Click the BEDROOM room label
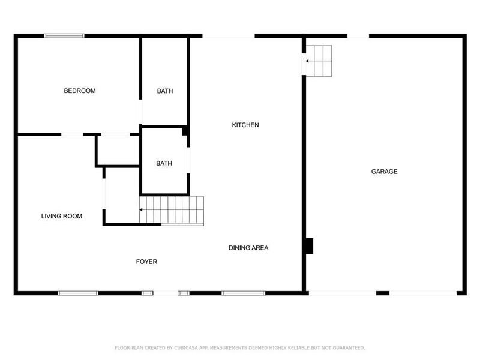(80, 91)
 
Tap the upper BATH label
(165, 91)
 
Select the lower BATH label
(164, 163)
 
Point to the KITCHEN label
(245, 125)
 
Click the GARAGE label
(384, 172)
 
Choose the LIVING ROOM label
(62, 216)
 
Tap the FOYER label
(146, 262)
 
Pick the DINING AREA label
(248, 247)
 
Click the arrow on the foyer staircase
(142, 210)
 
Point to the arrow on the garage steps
(307, 61)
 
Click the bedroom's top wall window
(64, 36)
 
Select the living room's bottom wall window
(78, 293)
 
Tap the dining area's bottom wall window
(243, 293)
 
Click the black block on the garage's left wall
(310, 246)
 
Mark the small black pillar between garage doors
(382, 293)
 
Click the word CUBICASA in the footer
(185, 347)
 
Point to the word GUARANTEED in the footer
(346, 347)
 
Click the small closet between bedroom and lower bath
(118, 149)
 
